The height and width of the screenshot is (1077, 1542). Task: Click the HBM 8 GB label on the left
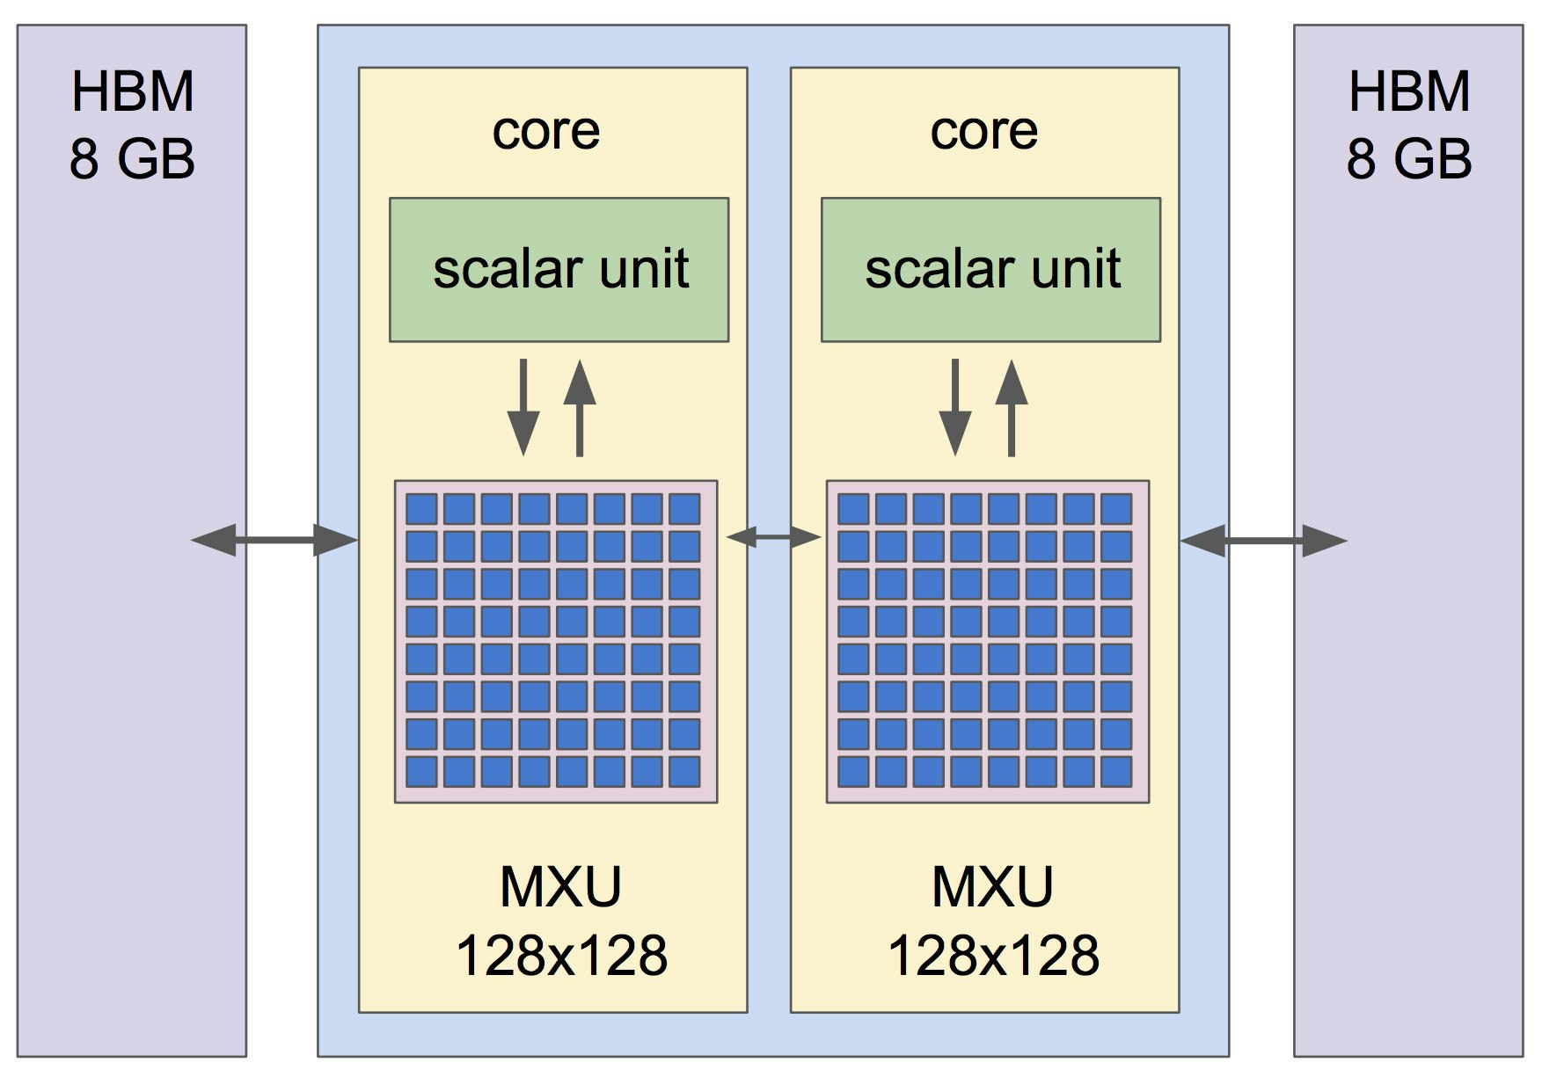132,125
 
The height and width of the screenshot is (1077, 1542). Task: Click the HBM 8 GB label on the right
1409,125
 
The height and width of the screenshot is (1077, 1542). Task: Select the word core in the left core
546,131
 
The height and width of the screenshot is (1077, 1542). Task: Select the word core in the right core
984,131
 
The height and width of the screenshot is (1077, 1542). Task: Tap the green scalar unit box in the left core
559,269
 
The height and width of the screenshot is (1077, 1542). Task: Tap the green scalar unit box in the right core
991,269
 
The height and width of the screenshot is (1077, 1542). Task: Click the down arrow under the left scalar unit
523,408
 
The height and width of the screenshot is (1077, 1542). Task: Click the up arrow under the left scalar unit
580,408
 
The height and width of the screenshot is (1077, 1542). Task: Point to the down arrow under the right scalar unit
955,408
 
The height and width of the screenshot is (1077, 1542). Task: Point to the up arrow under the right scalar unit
1012,408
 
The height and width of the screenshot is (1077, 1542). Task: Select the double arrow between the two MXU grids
773,536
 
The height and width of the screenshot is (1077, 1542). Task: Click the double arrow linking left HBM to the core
274,540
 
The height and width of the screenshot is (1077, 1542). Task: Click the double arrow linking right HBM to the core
1263,541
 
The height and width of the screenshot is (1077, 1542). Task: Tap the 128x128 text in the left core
561,955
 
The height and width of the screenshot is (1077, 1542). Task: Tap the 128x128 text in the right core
993,955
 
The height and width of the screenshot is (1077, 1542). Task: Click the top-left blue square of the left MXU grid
421,509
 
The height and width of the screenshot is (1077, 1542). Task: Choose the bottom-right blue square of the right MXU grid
1116,771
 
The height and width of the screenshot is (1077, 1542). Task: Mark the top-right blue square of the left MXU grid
684,509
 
